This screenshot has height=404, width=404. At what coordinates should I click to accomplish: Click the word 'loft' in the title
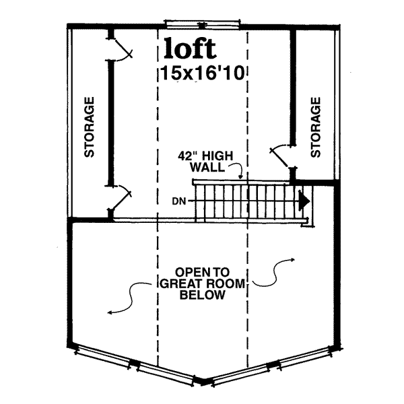[x=190, y=48]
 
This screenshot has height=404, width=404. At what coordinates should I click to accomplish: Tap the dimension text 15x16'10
[x=202, y=73]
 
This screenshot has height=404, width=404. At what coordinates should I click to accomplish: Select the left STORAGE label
[x=89, y=127]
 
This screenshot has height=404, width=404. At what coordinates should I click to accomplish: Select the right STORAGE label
[x=315, y=127]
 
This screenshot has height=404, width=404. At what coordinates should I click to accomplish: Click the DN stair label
[x=179, y=201]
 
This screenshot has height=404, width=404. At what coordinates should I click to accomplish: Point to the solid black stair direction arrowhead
[x=304, y=201]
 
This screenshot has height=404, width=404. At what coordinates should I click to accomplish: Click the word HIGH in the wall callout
[x=217, y=156]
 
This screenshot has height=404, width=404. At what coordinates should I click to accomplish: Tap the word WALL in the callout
[x=207, y=168]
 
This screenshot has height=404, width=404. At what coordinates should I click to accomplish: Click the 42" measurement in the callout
[x=188, y=156]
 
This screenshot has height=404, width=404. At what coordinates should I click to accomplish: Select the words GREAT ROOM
[x=202, y=283]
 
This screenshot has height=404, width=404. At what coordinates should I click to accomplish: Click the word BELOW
[x=202, y=294]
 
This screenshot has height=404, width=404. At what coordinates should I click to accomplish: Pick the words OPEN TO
[x=202, y=272]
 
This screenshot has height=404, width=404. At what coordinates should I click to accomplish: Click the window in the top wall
[x=202, y=24]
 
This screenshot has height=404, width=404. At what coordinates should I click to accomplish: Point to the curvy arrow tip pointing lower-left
[x=108, y=313]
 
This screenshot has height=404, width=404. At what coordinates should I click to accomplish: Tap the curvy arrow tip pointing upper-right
[x=294, y=259]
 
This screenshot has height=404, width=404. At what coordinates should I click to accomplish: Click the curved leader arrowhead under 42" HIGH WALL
[x=240, y=177]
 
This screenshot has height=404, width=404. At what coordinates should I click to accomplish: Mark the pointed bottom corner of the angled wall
[x=203, y=382]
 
